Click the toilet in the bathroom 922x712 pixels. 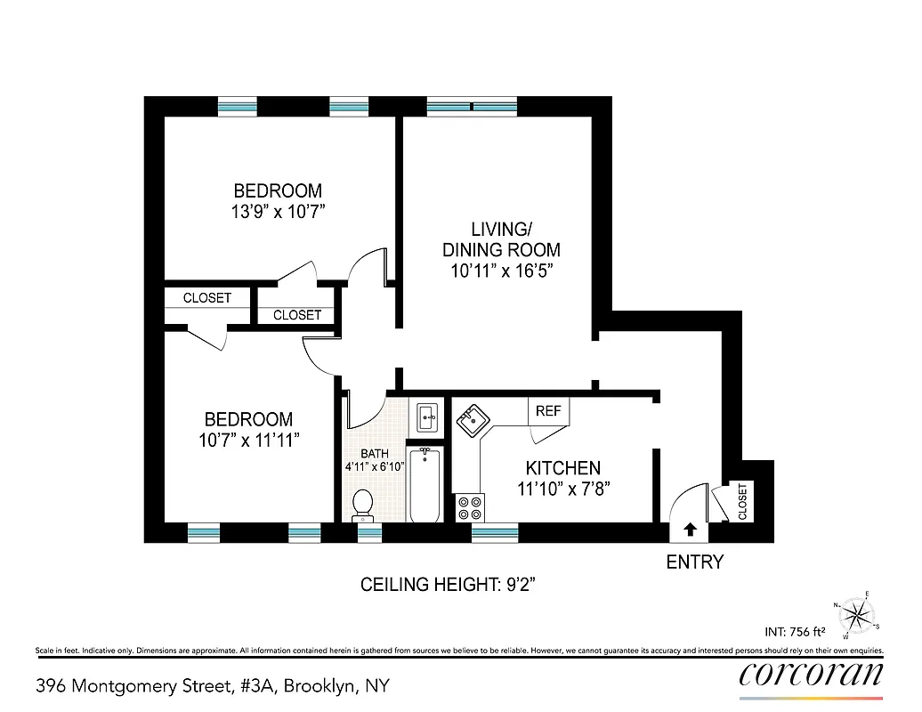coord(362,505)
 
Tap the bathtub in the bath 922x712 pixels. coord(425,486)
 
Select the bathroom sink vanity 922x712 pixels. coord(426,415)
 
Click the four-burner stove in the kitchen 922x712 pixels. coord(470,508)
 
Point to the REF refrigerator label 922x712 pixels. coord(548,411)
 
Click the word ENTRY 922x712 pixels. coord(695,562)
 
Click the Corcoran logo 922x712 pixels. coord(811,675)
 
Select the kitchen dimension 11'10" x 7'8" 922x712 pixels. coord(562,489)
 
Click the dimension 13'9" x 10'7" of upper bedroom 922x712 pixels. coord(278,212)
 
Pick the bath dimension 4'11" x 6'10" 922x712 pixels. coord(375,466)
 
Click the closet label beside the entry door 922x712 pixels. coord(742,501)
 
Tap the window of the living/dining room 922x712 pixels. coord(473,108)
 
